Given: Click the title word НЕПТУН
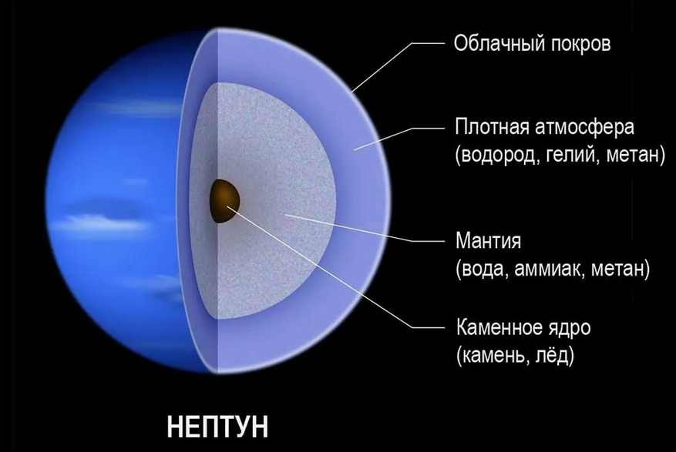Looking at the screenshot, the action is click(217, 427).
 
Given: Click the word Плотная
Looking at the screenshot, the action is click(493, 127).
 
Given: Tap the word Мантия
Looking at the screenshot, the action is click(488, 241).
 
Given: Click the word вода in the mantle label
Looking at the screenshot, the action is click(484, 269).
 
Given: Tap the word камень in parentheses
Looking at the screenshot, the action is click(494, 356).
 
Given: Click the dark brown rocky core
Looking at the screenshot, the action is click(224, 201).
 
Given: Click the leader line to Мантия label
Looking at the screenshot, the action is click(364, 228).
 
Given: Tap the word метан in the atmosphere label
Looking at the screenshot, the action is click(634, 156).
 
